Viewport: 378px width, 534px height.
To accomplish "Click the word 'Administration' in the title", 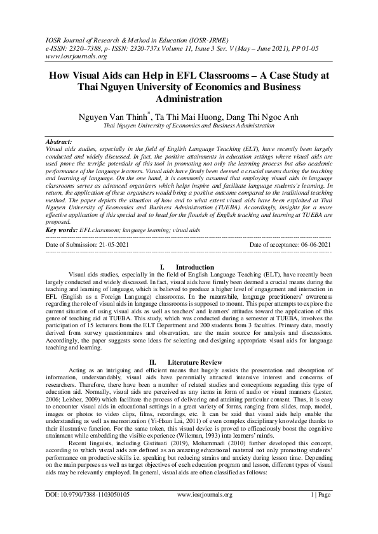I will coord(189,100).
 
